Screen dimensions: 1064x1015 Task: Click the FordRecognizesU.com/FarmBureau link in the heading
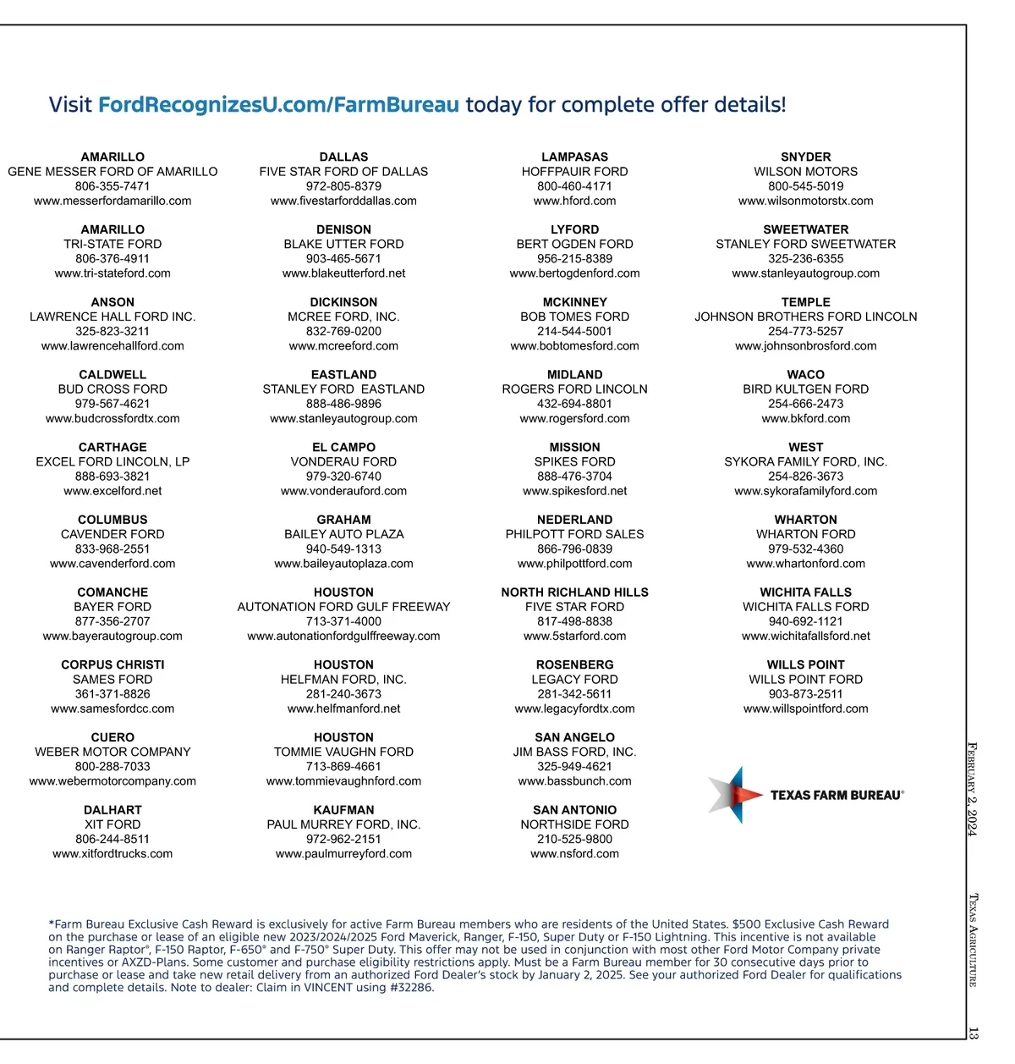click(278, 105)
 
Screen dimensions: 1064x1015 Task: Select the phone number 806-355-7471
click(112, 186)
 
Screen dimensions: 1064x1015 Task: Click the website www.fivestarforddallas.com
click(343, 201)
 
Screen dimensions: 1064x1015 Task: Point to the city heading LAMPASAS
click(574, 157)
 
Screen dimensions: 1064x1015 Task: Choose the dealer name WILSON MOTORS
click(805, 171)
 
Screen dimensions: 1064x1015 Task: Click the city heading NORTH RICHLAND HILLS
click(574, 593)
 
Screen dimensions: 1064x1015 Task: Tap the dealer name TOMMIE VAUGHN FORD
click(343, 752)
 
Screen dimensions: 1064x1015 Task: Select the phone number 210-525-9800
click(574, 839)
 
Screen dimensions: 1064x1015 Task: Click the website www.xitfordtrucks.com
click(112, 854)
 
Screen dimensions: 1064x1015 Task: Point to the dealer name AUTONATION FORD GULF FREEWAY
click(343, 607)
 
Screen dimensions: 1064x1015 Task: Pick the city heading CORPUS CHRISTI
click(112, 664)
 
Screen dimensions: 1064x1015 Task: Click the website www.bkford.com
click(805, 418)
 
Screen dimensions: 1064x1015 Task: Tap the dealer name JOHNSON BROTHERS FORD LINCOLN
click(805, 317)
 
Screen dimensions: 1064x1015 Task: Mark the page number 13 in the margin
click(973, 1034)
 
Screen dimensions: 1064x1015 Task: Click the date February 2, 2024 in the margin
click(973, 789)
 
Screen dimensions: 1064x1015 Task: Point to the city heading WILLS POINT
click(805, 664)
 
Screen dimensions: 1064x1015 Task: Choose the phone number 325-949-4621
click(574, 766)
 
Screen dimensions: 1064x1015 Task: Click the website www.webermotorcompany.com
click(112, 781)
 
